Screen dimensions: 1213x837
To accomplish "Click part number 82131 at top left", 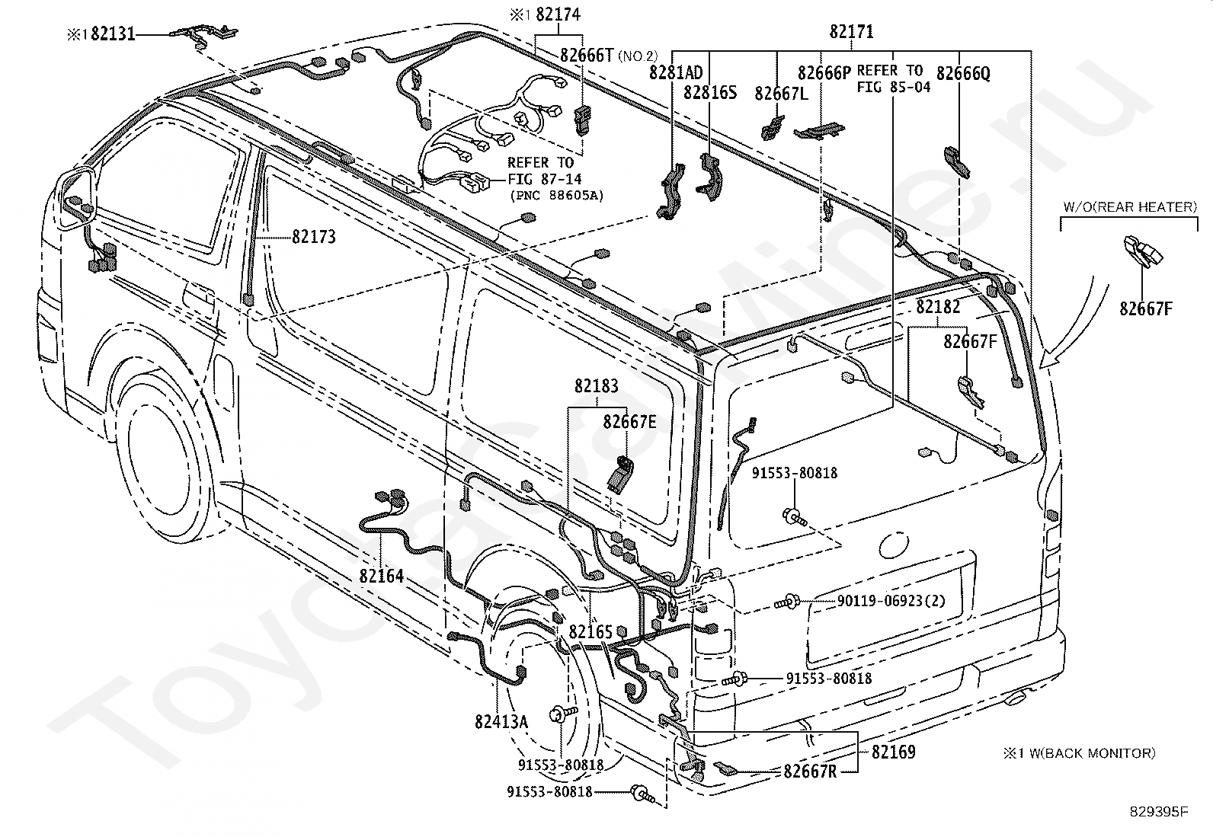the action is coord(113,34).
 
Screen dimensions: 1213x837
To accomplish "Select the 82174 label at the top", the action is coord(558,14).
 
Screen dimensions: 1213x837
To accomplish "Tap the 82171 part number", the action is coord(851,32).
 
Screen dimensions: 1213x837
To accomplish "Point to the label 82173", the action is coord(314,237).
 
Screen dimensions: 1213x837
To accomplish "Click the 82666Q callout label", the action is coord(963,73).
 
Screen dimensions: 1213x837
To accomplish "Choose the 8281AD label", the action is coord(676,72).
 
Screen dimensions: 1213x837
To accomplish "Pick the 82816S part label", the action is coord(710,93).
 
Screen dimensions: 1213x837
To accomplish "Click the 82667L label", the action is coord(782,94).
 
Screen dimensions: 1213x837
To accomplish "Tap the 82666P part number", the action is coord(824,72).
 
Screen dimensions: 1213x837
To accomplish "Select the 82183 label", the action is coord(596,386).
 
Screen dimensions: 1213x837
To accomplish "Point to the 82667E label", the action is coord(630,421).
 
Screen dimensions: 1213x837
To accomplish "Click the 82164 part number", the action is coord(381,576).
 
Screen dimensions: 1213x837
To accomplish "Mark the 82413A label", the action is coord(501,722).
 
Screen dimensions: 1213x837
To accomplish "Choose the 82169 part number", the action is coord(894,752).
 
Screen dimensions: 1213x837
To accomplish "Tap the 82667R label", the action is coord(810,772).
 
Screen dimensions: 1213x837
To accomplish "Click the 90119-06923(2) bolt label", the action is coord(891,601).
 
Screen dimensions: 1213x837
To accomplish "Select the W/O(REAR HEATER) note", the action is coord(1130,207).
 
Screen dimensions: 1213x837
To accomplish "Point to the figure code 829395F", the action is coord(1159,812).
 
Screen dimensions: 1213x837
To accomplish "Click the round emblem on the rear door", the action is coord(894,546).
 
